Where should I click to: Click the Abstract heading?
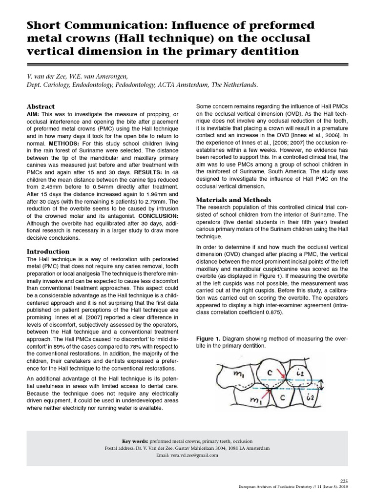[41, 106]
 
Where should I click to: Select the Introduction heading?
[48, 251]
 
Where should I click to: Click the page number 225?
[343, 480]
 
